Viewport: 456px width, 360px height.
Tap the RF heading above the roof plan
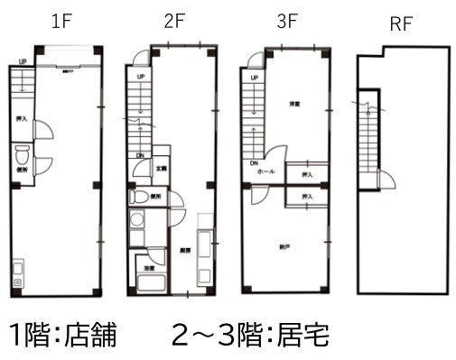pos(401,24)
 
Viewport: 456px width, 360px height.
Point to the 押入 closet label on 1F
pos(21,118)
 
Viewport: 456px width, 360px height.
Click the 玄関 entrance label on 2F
pos(161,168)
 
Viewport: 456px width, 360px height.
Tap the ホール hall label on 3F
pos(266,171)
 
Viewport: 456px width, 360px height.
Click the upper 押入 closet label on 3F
pos(307,174)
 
